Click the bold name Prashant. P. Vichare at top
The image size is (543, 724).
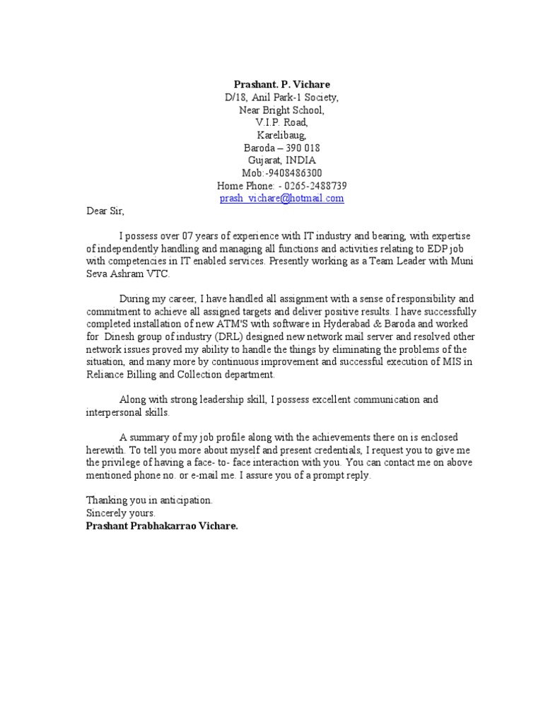(281, 84)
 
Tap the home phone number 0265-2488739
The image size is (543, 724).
(316, 186)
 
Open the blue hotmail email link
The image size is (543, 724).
(281, 199)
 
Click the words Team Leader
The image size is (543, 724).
(390, 261)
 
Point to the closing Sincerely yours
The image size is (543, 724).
(120, 513)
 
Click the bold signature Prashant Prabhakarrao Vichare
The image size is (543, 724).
(162, 525)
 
